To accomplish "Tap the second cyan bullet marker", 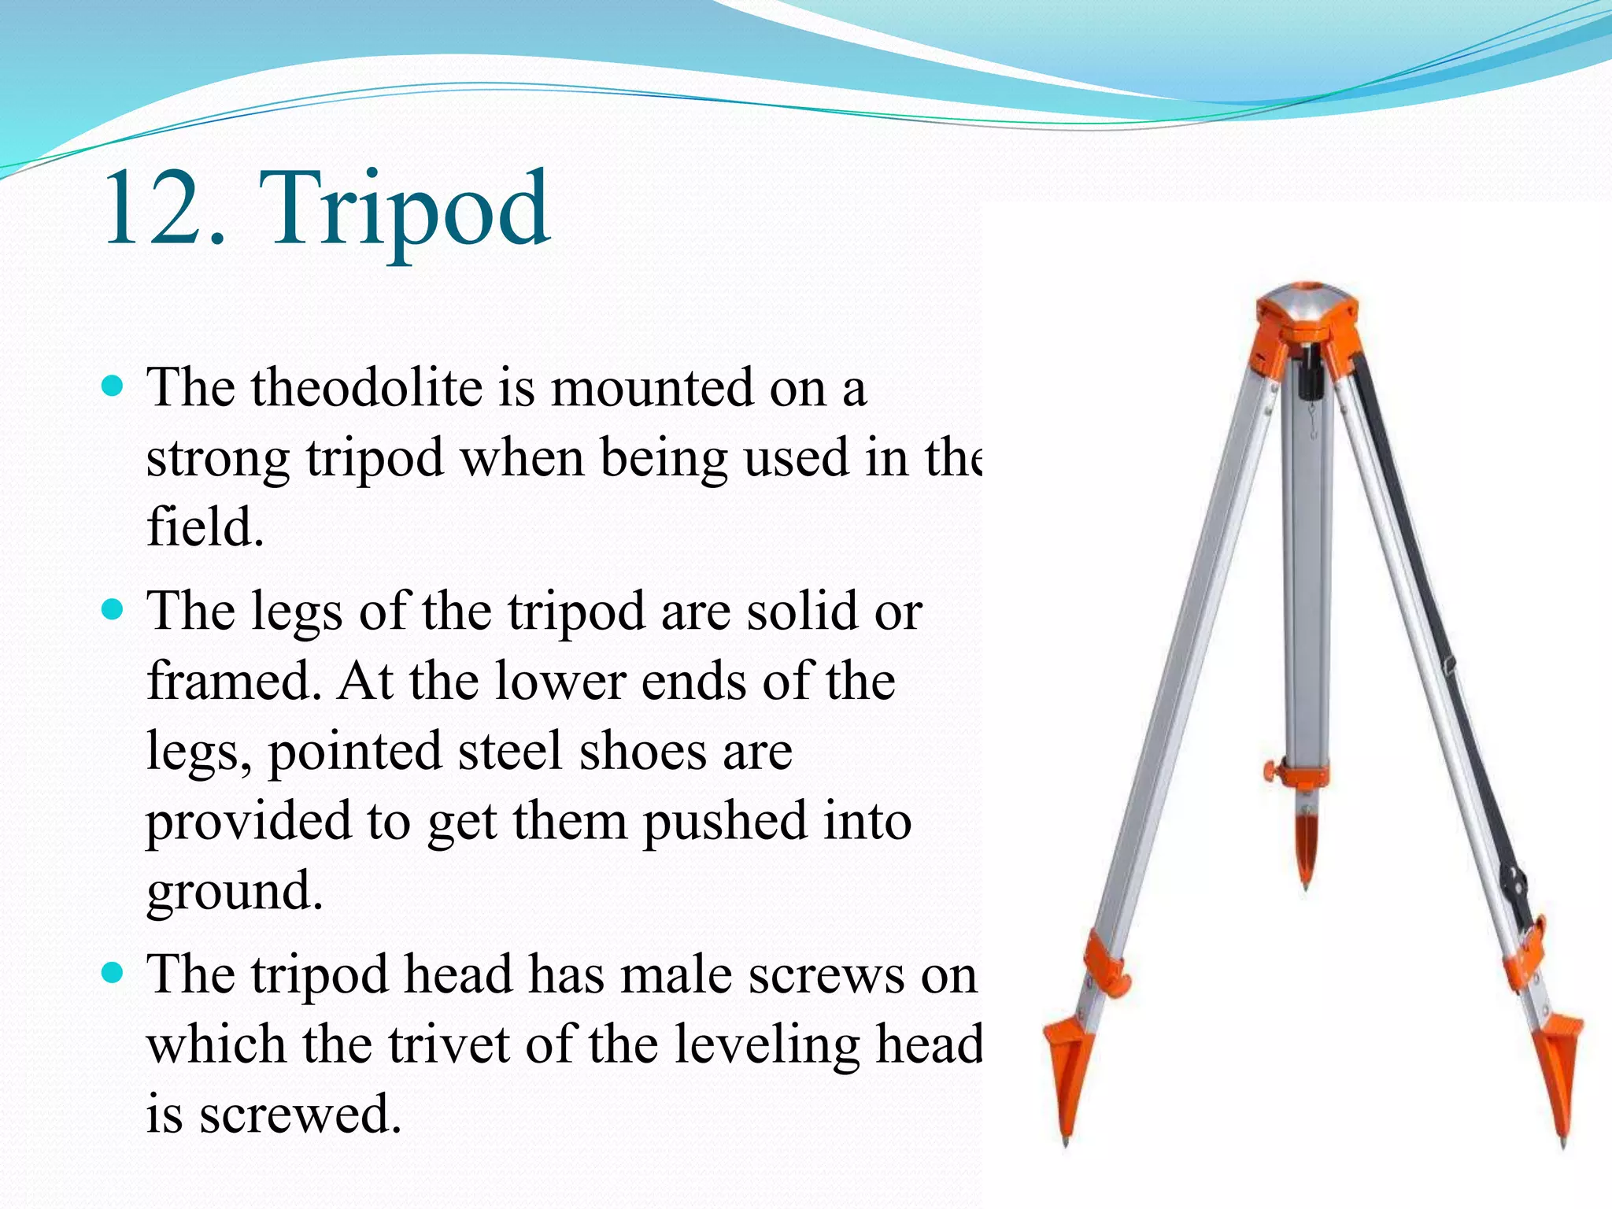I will point(114,610).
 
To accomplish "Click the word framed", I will point(233,681).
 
